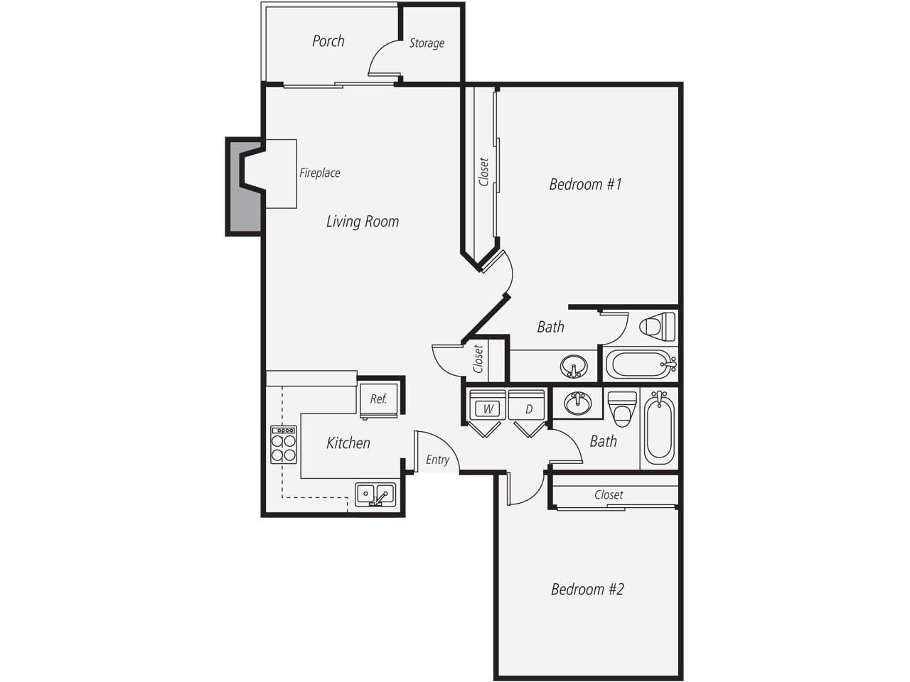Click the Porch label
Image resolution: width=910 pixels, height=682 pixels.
click(x=328, y=41)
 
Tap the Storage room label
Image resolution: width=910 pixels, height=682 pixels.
click(x=427, y=43)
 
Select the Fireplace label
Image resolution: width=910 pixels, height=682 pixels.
click(x=320, y=173)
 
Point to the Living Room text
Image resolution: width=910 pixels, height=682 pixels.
click(x=363, y=222)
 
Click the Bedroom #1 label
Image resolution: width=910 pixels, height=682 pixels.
click(x=585, y=184)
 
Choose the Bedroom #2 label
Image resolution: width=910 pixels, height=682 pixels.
click(x=587, y=589)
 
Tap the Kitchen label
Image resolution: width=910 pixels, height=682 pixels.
click(x=348, y=443)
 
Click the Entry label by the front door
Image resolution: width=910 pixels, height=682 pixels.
click(x=437, y=460)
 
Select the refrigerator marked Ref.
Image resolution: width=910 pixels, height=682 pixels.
click(x=378, y=401)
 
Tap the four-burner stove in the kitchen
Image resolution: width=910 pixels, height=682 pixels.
click(x=284, y=445)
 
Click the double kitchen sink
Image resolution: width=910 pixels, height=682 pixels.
click(x=375, y=494)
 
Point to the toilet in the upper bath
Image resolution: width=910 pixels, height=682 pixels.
click(x=657, y=327)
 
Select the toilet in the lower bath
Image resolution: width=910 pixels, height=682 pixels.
click(x=622, y=409)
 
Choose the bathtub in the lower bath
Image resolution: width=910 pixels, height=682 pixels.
click(x=659, y=428)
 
